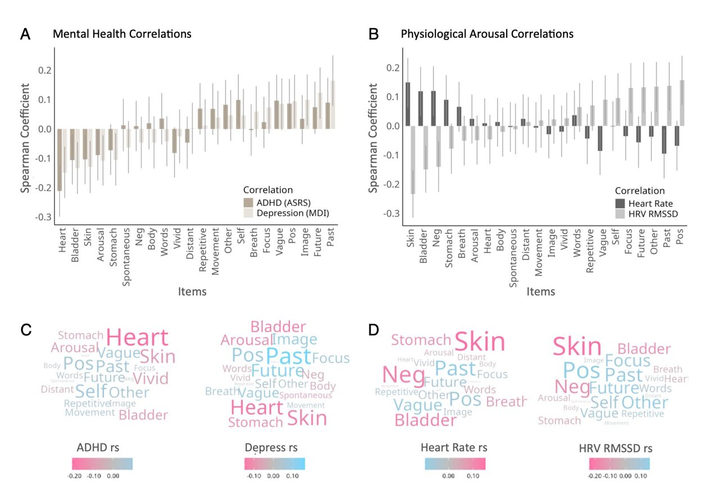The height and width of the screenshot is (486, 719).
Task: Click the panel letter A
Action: [x=25, y=34]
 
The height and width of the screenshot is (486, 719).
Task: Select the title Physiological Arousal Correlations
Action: [x=486, y=34]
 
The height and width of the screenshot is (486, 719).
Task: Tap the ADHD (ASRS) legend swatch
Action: [x=248, y=203]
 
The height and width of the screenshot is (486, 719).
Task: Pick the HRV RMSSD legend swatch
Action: [x=620, y=214]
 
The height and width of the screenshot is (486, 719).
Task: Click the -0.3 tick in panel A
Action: [x=44, y=217]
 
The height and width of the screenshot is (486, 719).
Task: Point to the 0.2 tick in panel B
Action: [x=393, y=68]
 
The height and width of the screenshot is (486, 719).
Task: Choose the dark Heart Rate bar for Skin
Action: [x=408, y=104]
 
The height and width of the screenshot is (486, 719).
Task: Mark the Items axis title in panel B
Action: [x=540, y=292]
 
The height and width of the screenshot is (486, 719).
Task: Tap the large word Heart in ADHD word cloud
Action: [x=137, y=338]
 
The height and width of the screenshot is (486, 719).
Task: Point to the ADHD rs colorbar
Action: [x=102, y=464]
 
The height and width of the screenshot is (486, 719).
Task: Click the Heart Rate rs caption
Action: [x=453, y=448]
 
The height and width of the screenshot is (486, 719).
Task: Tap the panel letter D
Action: [x=373, y=330]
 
